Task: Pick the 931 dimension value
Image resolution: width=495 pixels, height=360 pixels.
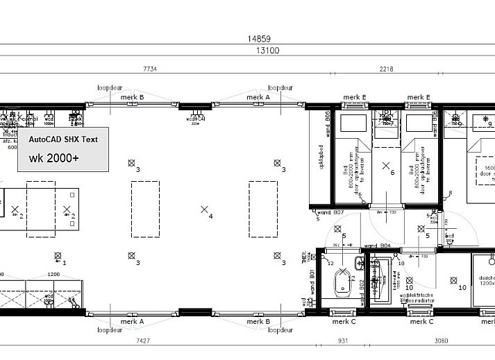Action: click(342, 341)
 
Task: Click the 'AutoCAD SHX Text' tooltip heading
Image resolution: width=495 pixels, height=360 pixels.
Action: click(63, 139)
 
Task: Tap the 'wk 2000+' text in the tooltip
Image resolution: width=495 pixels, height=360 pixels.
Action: click(53, 158)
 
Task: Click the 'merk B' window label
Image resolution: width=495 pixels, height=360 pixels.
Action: click(132, 98)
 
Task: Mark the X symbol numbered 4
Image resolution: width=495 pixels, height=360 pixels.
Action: click(204, 209)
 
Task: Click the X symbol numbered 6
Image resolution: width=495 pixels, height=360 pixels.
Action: click(386, 166)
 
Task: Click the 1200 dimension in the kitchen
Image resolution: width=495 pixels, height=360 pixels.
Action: click(53, 274)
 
